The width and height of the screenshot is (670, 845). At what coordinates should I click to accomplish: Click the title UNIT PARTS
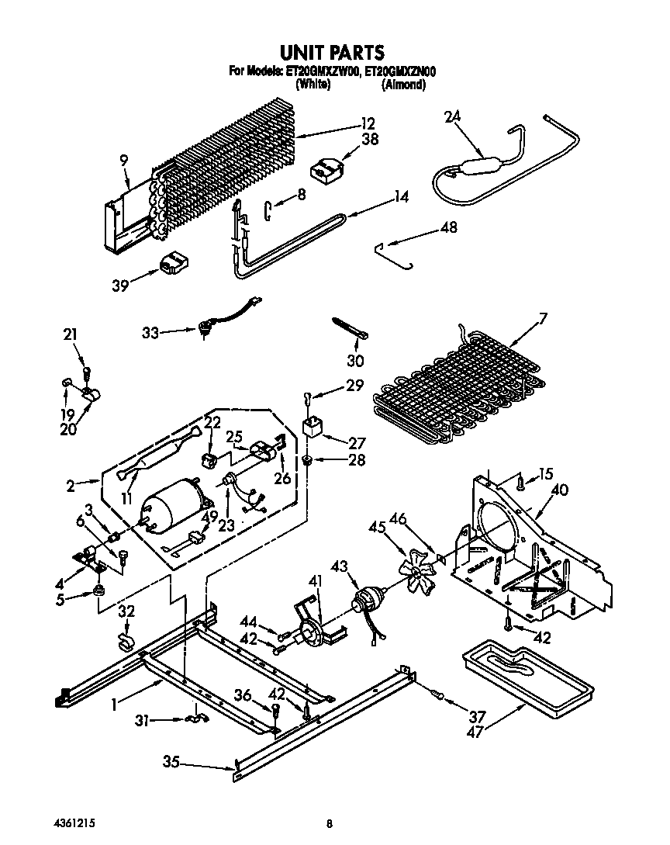(331, 53)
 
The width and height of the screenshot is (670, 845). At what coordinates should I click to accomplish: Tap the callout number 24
(452, 117)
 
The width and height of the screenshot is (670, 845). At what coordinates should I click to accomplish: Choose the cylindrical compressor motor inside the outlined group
(174, 509)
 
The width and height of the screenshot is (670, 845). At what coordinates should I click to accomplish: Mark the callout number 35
(171, 763)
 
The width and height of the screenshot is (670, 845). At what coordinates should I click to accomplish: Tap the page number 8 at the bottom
(330, 823)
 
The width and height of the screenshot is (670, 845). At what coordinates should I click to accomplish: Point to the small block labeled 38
(326, 169)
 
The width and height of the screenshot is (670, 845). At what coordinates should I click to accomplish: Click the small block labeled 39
(174, 264)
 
